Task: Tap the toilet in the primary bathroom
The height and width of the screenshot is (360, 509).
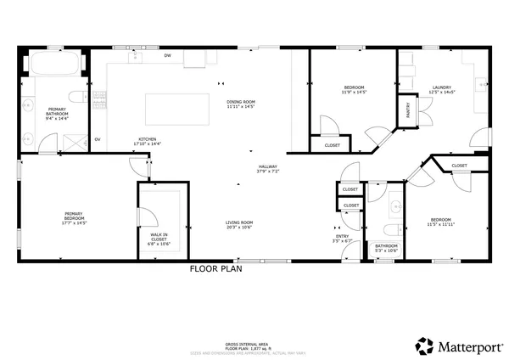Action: point(76,94)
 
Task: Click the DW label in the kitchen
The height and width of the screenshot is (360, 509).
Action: point(167,56)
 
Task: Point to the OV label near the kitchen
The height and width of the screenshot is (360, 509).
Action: point(98,139)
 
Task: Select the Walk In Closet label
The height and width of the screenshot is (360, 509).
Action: point(159,239)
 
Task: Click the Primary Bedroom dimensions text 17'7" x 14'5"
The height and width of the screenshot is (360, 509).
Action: point(74,222)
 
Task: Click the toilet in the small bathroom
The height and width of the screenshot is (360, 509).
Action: point(390,231)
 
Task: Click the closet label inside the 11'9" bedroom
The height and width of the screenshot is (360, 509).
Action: point(332,146)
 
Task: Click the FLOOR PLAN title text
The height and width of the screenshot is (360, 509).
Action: point(215,269)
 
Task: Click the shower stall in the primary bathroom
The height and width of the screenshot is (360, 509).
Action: point(76,141)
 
